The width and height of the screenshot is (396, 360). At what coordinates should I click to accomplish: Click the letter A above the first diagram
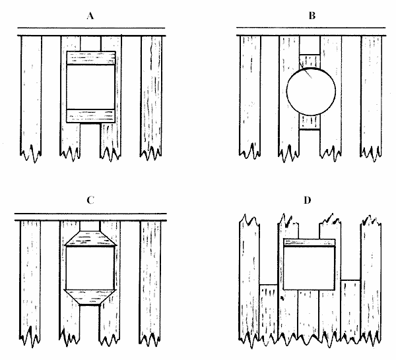coord(91,13)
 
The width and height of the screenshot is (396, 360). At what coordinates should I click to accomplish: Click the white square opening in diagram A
coord(91,86)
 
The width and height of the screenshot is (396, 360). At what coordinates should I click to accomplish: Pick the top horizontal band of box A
coord(91,58)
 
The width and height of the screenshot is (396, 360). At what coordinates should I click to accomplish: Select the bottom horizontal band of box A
coord(91,115)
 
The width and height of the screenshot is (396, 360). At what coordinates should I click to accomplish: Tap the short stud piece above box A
coord(91,44)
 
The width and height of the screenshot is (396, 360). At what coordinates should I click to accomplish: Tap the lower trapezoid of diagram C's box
coord(91,298)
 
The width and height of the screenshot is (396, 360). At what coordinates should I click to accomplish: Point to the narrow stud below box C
coord(91,323)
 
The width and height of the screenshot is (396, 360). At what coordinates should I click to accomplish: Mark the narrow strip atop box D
coord(310,242)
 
